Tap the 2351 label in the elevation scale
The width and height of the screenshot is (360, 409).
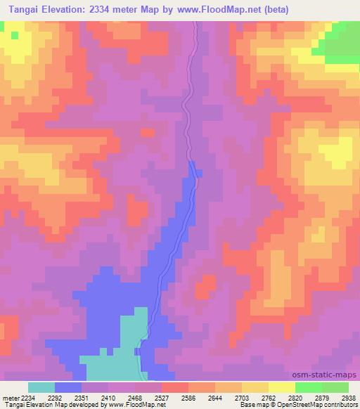[81, 396]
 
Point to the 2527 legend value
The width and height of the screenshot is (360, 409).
[162, 396]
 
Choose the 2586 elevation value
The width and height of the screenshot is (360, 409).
[188, 396]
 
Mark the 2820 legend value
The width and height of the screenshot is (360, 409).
[296, 396]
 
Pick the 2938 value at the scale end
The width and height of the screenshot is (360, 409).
[347, 396]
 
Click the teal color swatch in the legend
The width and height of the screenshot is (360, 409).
[41, 387]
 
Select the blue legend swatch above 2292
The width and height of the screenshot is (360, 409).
[68, 387]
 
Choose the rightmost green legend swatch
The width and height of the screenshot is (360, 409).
[335, 387]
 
